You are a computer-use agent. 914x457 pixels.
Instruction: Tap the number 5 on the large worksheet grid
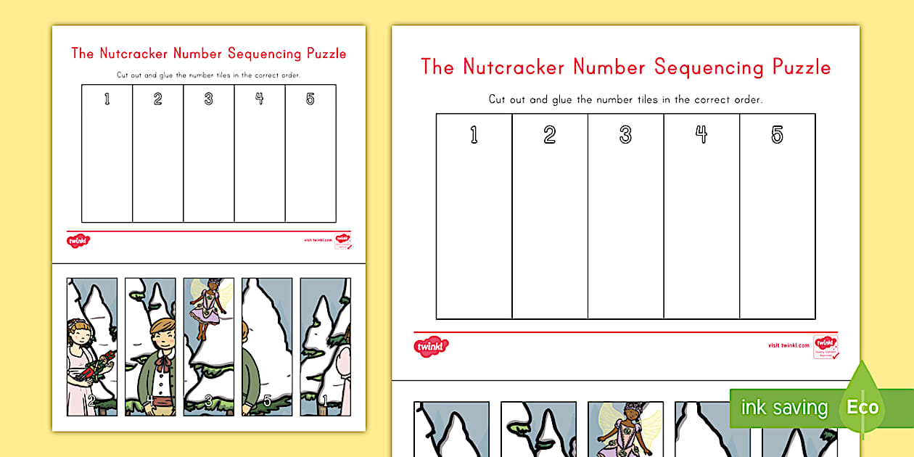coord(777,135)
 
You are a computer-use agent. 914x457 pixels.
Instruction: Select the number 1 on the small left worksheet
coord(107,99)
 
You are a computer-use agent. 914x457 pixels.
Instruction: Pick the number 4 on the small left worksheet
coord(260,99)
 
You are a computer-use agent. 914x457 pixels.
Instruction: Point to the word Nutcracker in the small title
coord(135,54)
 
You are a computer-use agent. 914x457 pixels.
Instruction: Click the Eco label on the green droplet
coord(862,407)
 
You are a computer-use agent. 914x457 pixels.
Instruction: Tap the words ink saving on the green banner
coord(783,408)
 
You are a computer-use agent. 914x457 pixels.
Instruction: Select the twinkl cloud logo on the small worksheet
coord(78,240)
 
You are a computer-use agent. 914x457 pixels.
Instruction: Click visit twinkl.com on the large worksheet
coord(789,346)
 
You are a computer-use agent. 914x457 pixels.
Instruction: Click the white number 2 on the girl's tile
coord(91,399)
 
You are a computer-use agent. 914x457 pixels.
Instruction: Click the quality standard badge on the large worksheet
coord(825,346)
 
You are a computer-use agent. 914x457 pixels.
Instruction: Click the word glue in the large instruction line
coord(563,99)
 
